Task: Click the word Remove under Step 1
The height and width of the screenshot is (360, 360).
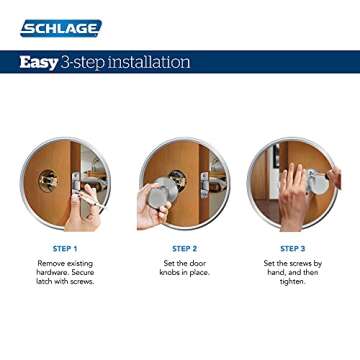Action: point(46,264)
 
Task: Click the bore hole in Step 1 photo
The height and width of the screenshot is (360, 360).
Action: point(48,180)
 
